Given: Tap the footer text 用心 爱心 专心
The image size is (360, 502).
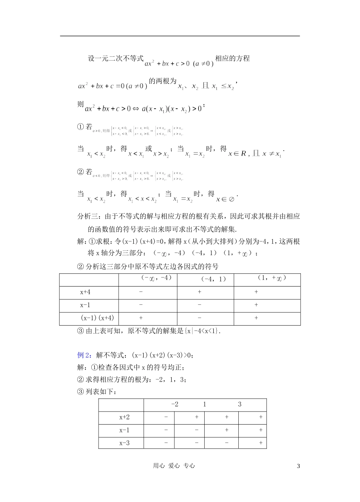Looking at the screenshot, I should point(174,466).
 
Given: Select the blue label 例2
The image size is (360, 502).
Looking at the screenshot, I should point(83,355).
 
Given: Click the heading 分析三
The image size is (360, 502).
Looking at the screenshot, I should point(88,217).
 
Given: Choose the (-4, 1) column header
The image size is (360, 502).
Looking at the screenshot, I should point(214,279).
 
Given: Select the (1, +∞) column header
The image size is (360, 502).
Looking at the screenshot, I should point(272,278).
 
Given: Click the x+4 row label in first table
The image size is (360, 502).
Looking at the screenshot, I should point(85,292).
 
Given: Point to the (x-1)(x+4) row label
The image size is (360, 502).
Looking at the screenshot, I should point(97,318).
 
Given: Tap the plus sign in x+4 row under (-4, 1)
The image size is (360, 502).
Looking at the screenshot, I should point(200,292).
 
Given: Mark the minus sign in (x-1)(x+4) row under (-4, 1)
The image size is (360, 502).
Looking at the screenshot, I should point(200,318).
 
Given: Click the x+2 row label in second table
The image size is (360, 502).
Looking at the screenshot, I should point(124,417).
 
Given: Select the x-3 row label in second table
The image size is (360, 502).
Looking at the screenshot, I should point(124,443).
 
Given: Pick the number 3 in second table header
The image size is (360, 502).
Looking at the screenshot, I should point(239,404).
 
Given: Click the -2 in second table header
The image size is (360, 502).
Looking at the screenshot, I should point(175,404).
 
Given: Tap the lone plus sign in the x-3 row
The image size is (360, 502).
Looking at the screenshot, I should point(261,443).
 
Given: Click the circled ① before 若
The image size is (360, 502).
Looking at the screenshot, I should point(80,127).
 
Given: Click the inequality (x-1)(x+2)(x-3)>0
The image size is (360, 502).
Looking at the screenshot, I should point(162,355).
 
